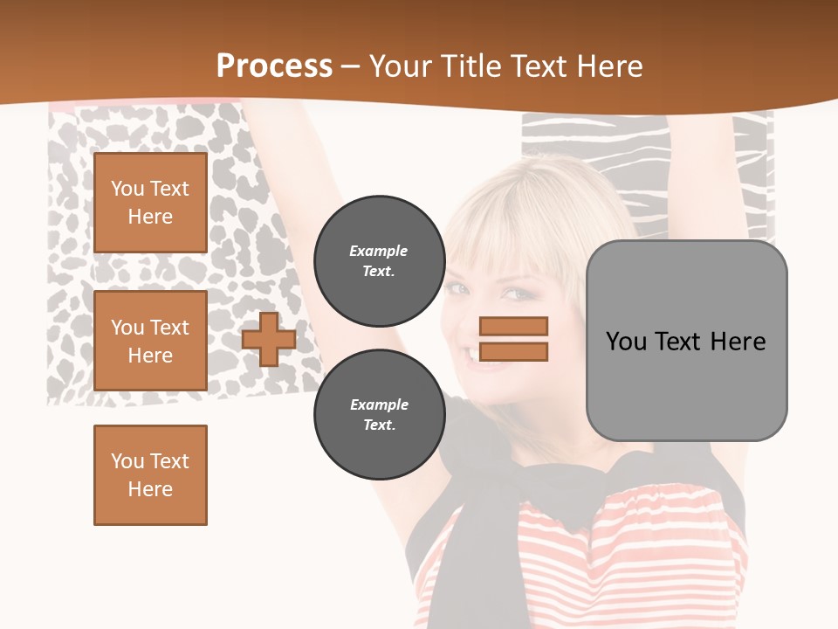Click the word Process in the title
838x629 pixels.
point(274,66)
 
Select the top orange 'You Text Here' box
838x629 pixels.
point(150,203)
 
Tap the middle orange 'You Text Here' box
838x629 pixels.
point(150,341)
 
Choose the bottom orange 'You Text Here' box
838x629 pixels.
point(150,475)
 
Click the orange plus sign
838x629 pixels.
point(268,339)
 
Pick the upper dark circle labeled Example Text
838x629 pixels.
point(379,261)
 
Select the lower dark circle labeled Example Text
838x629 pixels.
point(379,415)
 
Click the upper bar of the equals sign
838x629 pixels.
point(513,327)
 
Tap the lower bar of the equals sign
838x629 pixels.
point(513,351)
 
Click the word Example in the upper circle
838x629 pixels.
point(379,252)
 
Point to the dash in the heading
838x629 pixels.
point(351,66)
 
